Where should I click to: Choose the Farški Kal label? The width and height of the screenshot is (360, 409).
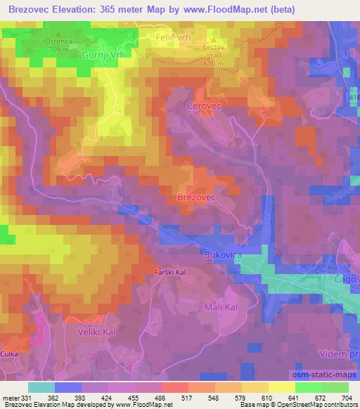(x=170, y=271)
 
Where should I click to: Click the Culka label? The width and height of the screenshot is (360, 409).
(x=9, y=355)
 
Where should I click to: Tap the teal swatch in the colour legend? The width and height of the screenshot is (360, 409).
(x=41, y=387)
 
